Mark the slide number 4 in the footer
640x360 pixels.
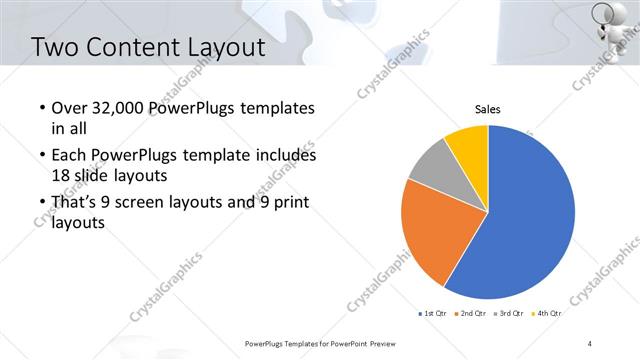pos(590,343)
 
